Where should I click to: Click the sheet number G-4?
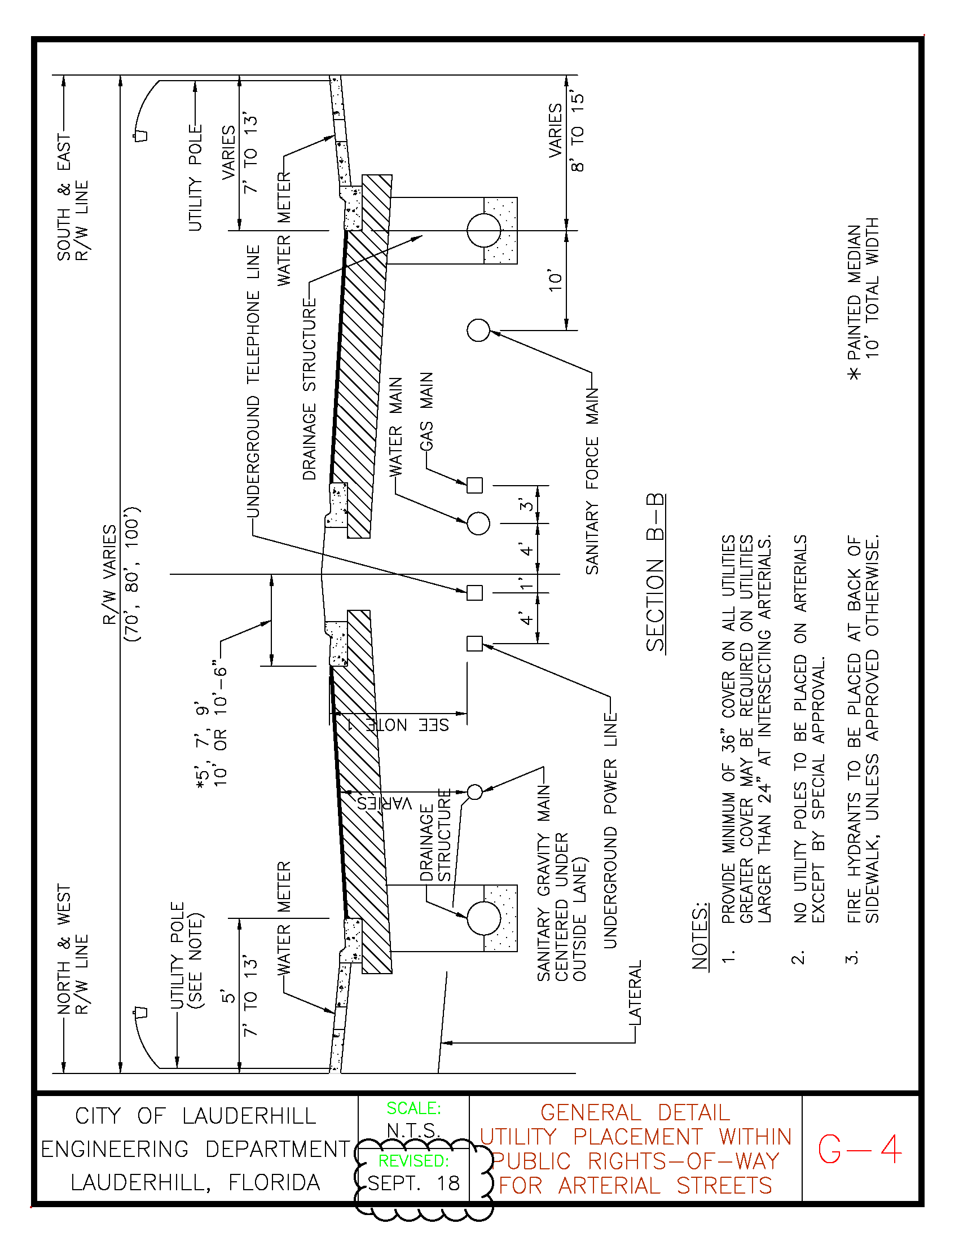pyautogui.click(x=860, y=1149)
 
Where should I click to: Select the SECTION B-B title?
pyautogui.click(x=655, y=572)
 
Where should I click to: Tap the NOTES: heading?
pyautogui.click(x=700, y=936)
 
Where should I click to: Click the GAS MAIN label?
pyautogui.click(x=426, y=411)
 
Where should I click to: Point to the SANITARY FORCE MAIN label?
pyautogui.click(x=592, y=481)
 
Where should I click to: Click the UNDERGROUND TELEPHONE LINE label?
pyautogui.click(x=253, y=381)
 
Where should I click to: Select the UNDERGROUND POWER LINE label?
pyautogui.click(x=610, y=831)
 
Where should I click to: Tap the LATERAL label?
pyautogui.click(x=635, y=993)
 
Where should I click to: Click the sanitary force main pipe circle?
pyautogui.click(x=478, y=329)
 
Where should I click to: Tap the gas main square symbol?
pyautogui.click(x=474, y=485)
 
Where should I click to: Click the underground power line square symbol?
pyautogui.click(x=474, y=643)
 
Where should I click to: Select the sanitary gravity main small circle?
pyautogui.click(x=475, y=791)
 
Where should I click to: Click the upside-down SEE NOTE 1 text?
pyautogui.click(x=398, y=725)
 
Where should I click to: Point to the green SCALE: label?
pyautogui.click(x=413, y=1108)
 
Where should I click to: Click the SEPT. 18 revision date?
pyautogui.click(x=413, y=1183)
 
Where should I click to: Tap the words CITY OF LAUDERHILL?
pyautogui.click(x=195, y=1116)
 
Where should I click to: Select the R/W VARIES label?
pyautogui.click(x=109, y=574)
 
